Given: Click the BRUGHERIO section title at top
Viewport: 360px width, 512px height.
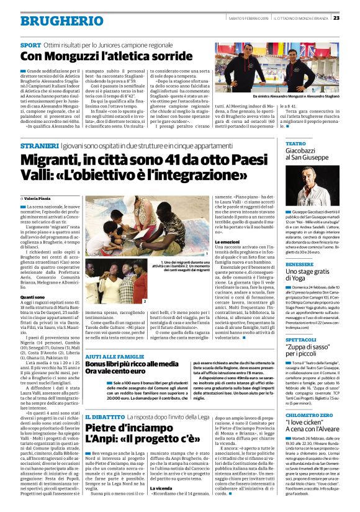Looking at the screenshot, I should click(x=53, y=20).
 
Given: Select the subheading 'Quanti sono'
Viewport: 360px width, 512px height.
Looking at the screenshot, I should click(x=35, y=296).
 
